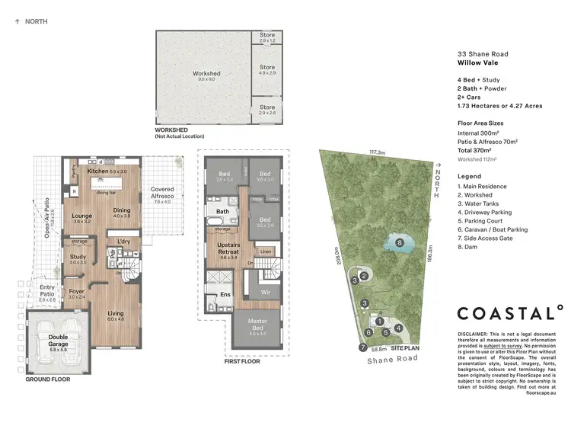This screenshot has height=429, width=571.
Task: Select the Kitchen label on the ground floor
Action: (97, 171)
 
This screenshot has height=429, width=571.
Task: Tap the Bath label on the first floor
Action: (222, 211)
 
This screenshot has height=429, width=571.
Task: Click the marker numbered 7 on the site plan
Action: (362, 348)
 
